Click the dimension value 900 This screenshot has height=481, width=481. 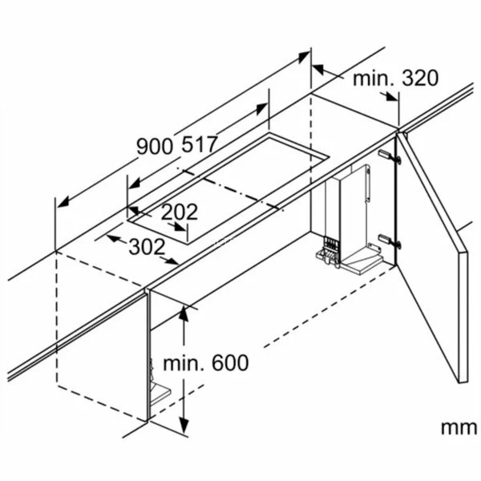pyautogui.click(x=154, y=147)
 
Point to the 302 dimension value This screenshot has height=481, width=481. pyautogui.click(x=146, y=247)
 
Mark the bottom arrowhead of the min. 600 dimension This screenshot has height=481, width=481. pyautogui.click(x=184, y=429)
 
